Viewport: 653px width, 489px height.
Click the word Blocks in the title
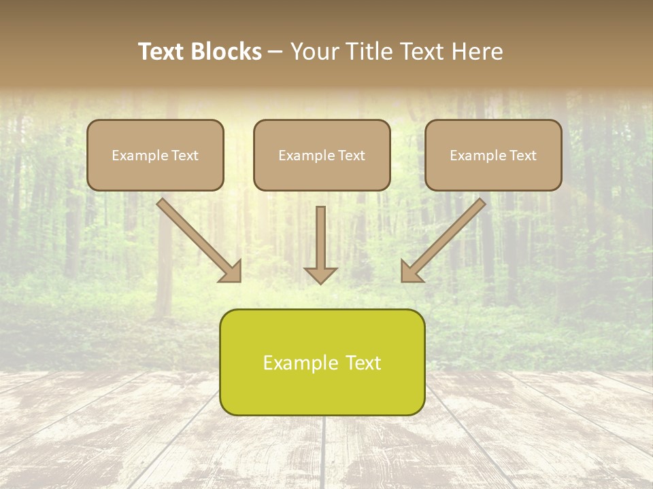[x=226, y=52]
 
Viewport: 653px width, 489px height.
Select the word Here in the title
[x=478, y=52]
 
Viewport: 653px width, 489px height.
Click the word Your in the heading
[x=314, y=52]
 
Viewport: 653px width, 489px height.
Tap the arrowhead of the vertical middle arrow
[x=320, y=274]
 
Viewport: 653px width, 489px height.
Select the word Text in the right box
[x=522, y=156]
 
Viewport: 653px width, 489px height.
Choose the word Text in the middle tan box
[x=351, y=156]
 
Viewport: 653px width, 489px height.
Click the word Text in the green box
[x=363, y=363]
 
